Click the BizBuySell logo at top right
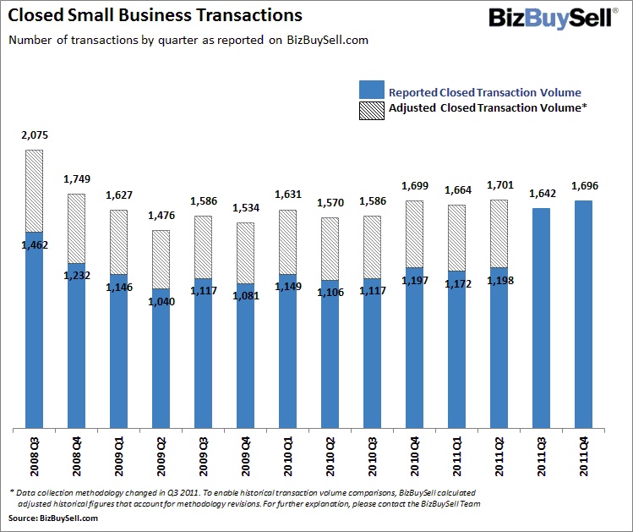tap(549, 17)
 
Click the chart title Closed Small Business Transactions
tap(156, 15)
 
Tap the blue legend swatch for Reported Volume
tap(371, 90)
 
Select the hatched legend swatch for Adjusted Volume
tap(371, 108)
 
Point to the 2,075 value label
tap(34, 135)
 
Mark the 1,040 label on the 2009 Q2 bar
tap(161, 301)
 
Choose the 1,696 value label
tap(583, 186)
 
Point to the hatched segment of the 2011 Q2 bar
tap(499, 233)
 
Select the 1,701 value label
tap(499, 185)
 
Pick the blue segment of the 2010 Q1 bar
tap(287, 351)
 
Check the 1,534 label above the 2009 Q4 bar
tap(245, 208)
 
